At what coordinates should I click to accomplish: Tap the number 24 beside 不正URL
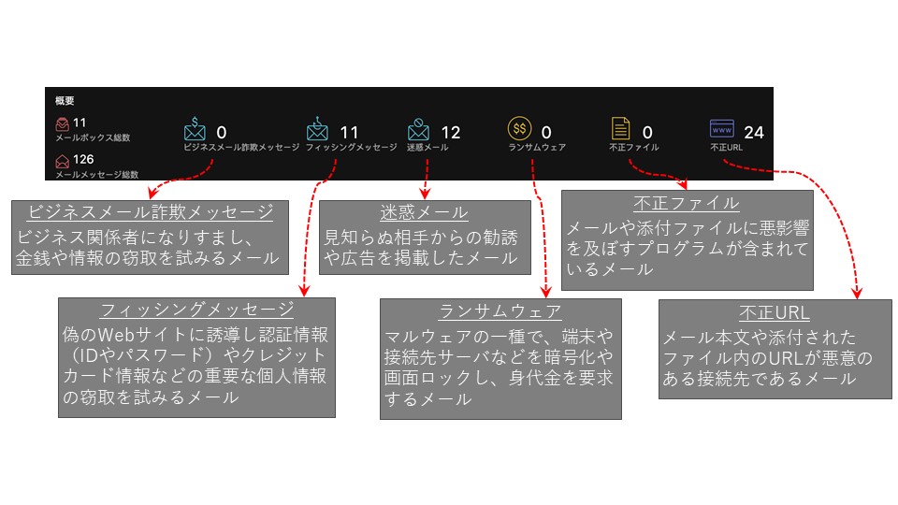click(x=753, y=132)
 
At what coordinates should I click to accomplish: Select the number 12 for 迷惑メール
click(x=450, y=132)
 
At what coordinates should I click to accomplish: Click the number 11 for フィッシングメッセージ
click(x=349, y=132)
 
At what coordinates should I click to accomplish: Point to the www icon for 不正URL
click(x=721, y=128)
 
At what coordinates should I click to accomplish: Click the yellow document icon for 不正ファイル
click(x=620, y=128)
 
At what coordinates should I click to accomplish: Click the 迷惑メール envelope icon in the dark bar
click(x=419, y=128)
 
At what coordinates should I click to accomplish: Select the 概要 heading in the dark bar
click(x=65, y=100)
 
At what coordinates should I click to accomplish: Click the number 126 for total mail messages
click(x=85, y=160)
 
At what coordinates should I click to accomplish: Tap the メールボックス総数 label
click(x=93, y=137)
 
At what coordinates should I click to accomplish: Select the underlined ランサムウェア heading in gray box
click(x=500, y=311)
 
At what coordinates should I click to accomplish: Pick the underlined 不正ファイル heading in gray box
click(x=688, y=203)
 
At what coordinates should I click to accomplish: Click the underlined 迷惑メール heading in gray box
click(x=425, y=212)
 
